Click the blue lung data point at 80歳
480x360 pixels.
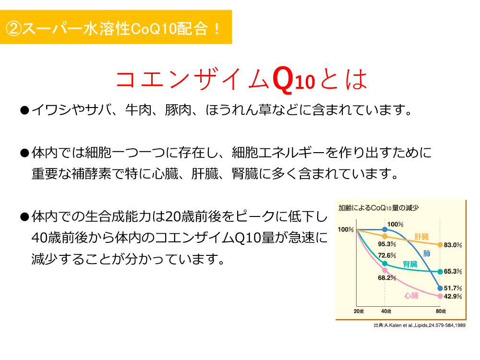coord(440,288)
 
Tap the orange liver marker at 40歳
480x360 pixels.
coord(385,236)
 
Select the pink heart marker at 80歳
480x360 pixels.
coord(440,296)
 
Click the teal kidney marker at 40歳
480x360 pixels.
coord(385,264)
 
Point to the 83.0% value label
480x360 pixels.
coord(453,245)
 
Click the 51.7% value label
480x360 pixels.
coord(453,288)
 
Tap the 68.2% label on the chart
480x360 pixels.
coord(387,277)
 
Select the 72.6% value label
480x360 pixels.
coord(387,255)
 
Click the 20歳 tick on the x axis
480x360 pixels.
coord(359,311)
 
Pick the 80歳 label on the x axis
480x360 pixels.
coord(441,311)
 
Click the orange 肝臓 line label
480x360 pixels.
coord(421,237)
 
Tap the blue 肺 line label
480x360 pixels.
coord(427,253)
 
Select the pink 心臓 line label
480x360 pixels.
coord(411,295)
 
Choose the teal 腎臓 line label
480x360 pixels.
coord(410,264)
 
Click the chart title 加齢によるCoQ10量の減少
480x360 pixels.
coord(378,208)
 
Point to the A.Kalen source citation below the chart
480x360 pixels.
coord(420,325)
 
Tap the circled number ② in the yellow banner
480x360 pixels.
coord(13,29)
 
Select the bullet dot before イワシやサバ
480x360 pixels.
coord(24,110)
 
